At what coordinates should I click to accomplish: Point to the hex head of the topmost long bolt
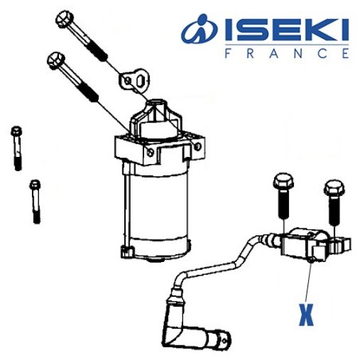click(x=64, y=17)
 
